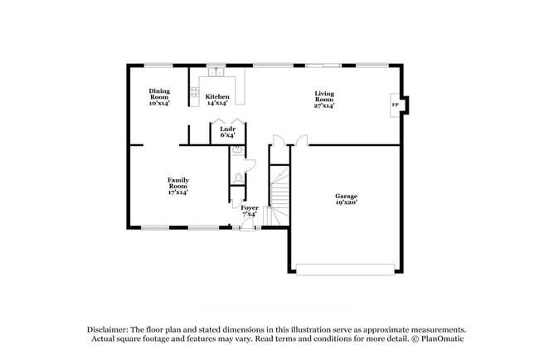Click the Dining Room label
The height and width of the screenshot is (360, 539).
pyautogui.click(x=158, y=97)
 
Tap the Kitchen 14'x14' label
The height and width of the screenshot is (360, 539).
pyautogui.click(x=217, y=100)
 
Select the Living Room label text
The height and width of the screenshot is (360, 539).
pyautogui.click(x=323, y=100)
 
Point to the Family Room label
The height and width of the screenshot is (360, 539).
pyautogui.click(x=177, y=185)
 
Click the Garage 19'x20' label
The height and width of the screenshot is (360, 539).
pyautogui.click(x=346, y=199)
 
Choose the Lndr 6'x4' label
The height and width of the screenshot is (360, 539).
pyautogui.click(x=227, y=132)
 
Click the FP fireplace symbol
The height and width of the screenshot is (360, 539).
pyautogui.click(x=395, y=105)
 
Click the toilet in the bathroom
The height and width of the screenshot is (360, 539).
pyautogui.click(x=238, y=177)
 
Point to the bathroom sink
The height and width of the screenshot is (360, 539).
pyautogui.click(x=237, y=151)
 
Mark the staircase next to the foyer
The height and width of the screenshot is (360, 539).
pyautogui.click(x=280, y=195)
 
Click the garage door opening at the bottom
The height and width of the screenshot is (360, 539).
pyautogui.click(x=345, y=268)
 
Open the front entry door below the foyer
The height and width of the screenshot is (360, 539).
pyautogui.click(x=246, y=226)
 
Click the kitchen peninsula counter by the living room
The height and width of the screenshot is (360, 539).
pyautogui.click(x=240, y=90)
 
